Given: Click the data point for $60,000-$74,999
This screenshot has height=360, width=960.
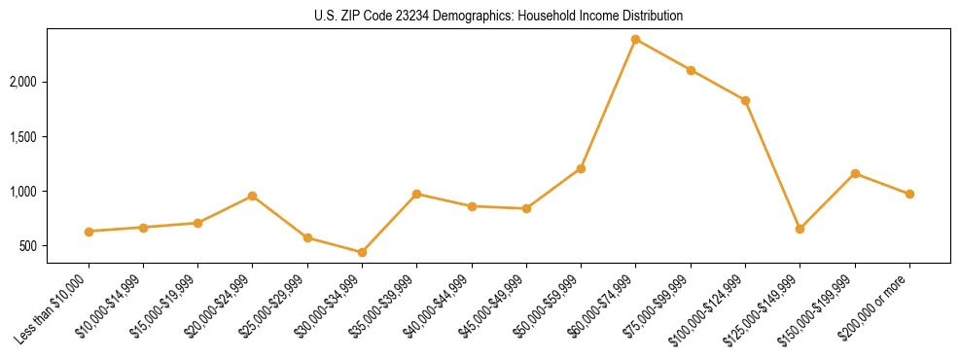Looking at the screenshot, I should coord(635,39).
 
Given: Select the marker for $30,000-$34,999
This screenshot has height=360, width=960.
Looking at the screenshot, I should coord(362,252).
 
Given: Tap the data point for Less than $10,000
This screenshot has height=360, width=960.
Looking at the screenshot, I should coord(89,232).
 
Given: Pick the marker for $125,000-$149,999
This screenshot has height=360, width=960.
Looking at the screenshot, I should coord(800,229).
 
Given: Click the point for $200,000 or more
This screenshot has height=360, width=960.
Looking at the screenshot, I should coord(909,194).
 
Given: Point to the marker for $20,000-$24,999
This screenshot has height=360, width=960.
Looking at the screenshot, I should coord(253,196).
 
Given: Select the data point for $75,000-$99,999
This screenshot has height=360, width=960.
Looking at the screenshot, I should coord(691,70).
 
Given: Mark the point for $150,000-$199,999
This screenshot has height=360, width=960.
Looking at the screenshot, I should coord(855,173).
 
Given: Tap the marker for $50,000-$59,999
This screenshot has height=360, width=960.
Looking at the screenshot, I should coord(581,168).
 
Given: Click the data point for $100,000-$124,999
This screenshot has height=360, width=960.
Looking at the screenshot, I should coord(745,100).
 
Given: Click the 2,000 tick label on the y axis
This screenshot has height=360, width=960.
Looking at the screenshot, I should coord(50,82).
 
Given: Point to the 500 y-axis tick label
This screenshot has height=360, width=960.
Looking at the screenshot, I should coord(55,246).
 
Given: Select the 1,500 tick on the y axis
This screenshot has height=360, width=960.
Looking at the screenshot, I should coord(50,137).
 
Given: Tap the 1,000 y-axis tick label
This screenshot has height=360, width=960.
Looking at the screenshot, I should coord(50,192).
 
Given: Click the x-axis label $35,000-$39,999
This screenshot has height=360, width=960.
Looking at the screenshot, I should coord(384,305).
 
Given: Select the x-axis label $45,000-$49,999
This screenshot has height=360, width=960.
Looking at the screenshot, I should coord(494,305).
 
